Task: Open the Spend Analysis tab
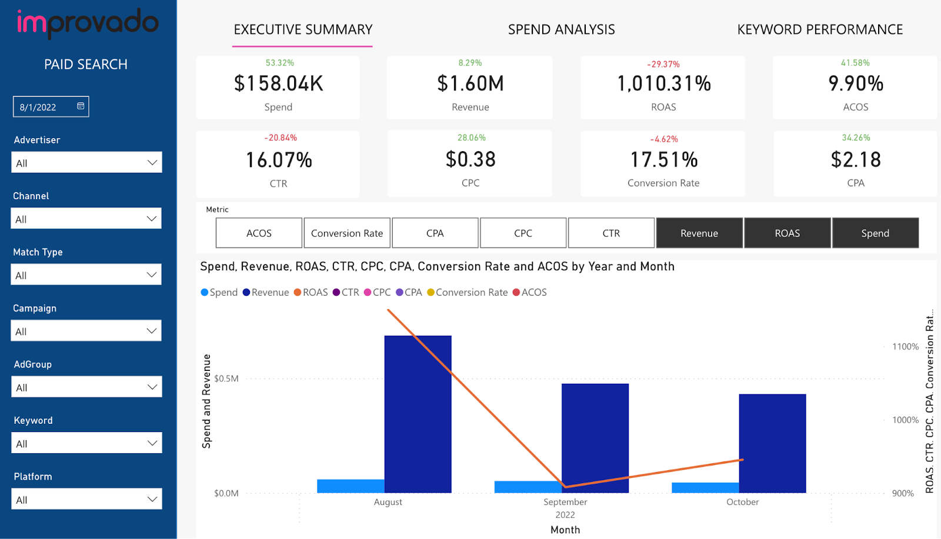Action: click(561, 29)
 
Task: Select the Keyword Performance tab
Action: click(819, 29)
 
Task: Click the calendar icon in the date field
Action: click(81, 106)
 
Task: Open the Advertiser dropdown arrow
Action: click(152, 163)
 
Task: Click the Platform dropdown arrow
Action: click(152, 500)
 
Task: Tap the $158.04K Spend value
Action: click(278, 83)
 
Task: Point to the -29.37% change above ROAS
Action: click(663, 64)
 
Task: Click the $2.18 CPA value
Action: click(855, 159)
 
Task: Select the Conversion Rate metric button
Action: click(347, 233)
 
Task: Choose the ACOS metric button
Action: click(259, 233)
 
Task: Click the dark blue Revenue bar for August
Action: click(418, 414)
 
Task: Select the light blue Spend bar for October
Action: click(705, 488)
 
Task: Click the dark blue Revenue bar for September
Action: click(595, 438)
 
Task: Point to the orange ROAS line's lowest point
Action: click(565, 487)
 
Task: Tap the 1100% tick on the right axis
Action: click(905, 347)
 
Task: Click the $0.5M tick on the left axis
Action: click(226, 379)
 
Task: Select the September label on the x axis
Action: click(565, 502)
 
